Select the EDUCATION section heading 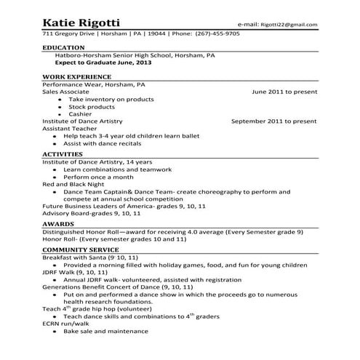point(65,47)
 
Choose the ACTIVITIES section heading point(65,154)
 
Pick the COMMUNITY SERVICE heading point(80,249)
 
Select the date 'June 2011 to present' point(284,92)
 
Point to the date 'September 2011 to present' point(273,121)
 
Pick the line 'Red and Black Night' point(73,185)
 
